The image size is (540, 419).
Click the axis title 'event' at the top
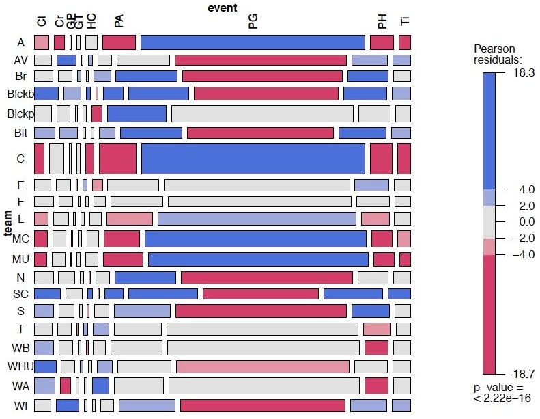coord(223,8)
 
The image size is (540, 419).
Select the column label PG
coord(253,22)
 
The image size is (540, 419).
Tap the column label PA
coord(119,22)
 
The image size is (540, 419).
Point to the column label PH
coord(382,22)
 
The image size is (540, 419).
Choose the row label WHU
coord(20,366)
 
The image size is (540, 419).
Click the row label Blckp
coord(20,113)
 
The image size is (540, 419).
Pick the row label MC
coord(20,239)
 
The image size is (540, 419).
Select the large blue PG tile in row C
coord(253,158)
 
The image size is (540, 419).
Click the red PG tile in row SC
coord(260,294)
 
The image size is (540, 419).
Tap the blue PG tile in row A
coord(253,42)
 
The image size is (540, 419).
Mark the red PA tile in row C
coord(117,158)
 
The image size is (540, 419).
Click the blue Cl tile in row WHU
coord(45,366)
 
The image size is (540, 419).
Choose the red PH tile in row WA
coord(376,386)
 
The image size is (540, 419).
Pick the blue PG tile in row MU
coord(258,260)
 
